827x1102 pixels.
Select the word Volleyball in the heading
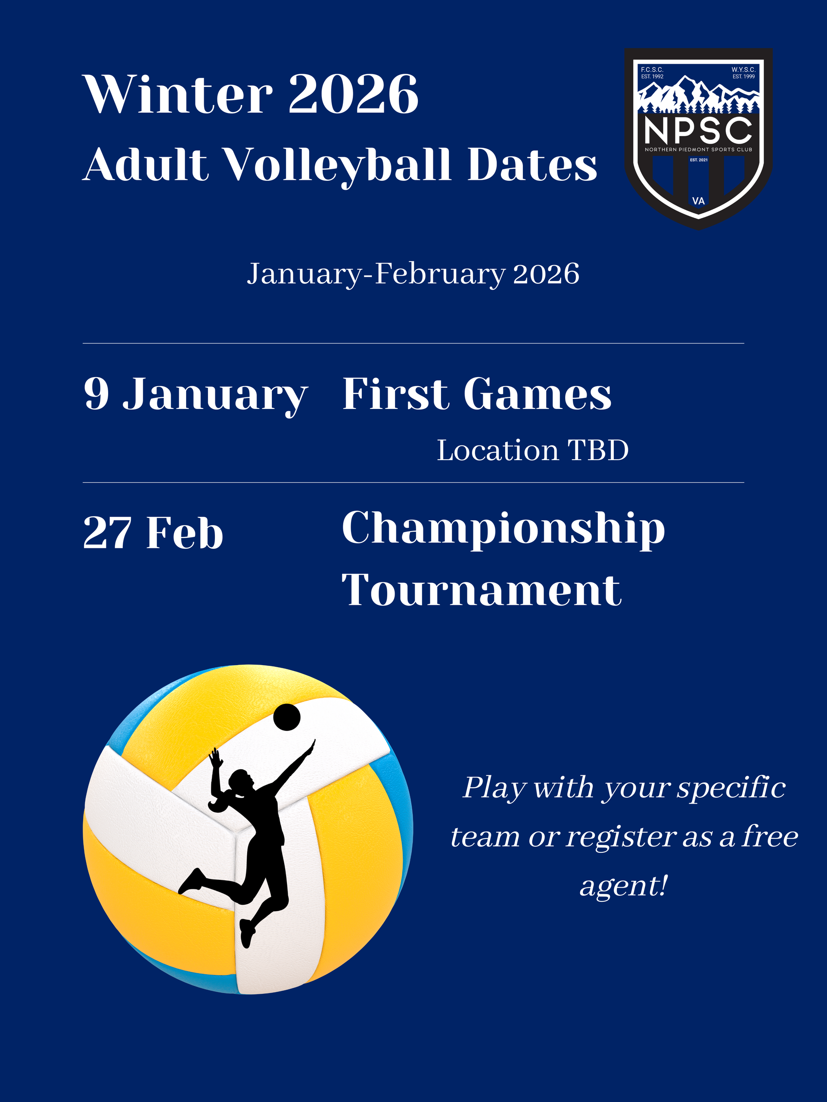pos(337,164)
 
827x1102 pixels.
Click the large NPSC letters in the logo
pos(698,130)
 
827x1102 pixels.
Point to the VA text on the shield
pos(698,201)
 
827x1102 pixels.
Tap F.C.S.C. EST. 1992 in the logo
pos(652,73)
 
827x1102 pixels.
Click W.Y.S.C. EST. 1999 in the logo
pos(744,73)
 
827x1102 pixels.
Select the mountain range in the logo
pos(698,92)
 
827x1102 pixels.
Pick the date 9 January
pos(196,394)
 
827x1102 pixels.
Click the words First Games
pos(476,394)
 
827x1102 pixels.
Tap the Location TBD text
pos(532,450)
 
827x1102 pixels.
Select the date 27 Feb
pos(152,532)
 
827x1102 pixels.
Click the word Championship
pos(504,528)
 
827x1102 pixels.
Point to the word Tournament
pos(482,590)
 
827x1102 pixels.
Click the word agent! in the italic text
pos(623,886)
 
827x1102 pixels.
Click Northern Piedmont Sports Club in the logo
pos(698,149)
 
